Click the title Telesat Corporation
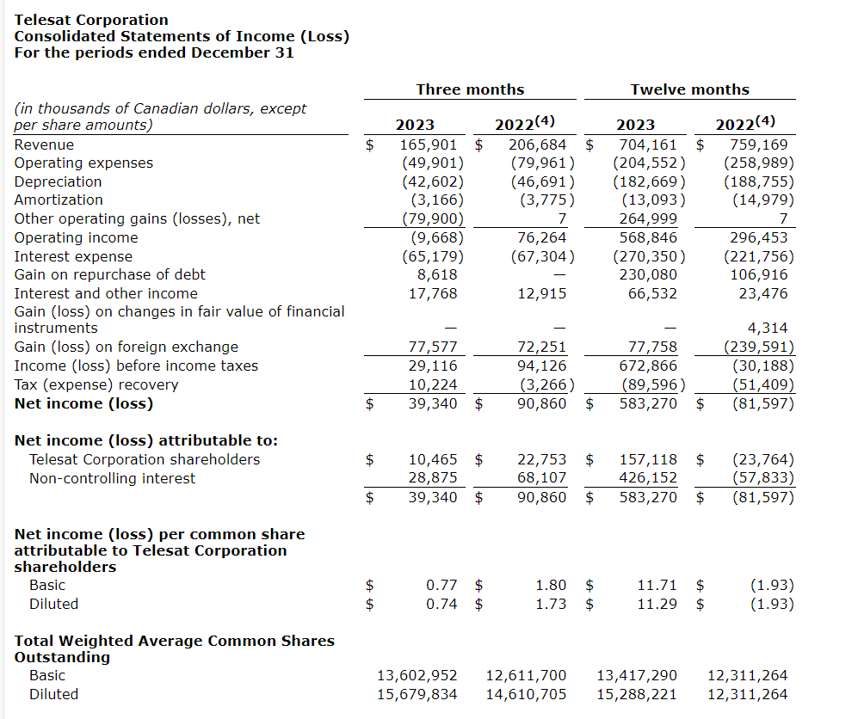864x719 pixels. [91, 20]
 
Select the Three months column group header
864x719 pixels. [470, 89]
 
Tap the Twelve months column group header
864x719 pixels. [689, 89]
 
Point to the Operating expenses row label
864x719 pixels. [83, 163]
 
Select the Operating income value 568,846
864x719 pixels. [648, 237]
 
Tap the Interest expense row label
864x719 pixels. [73, 256]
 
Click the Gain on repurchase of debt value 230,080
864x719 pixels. [648, 274]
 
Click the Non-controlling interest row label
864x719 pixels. [112, 478]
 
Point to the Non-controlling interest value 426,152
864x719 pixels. [648, 478]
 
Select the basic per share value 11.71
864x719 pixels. [657, 585]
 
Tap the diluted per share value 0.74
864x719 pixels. [441, 604]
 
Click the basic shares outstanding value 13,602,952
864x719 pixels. [417, 675]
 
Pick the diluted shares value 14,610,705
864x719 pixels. [527, 694]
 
